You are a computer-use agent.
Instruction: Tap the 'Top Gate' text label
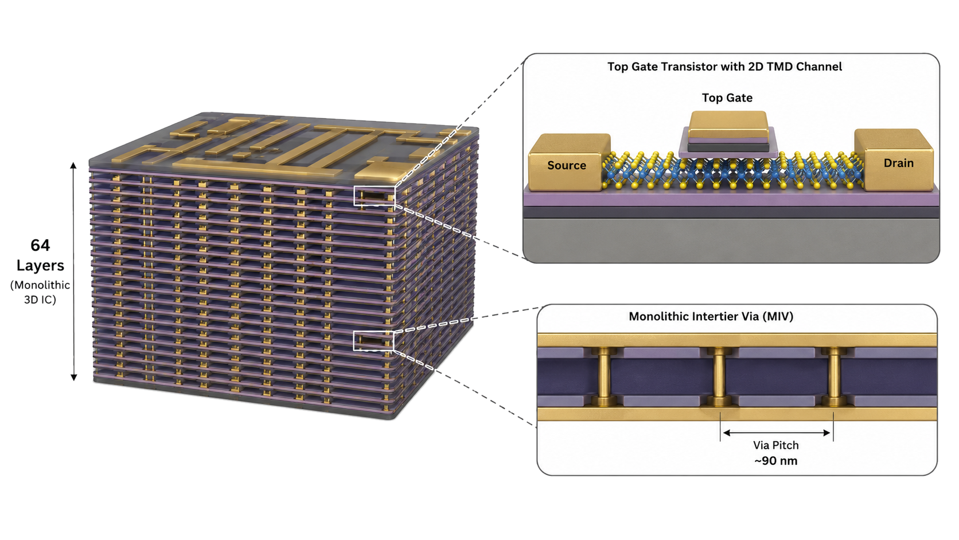pos(727,98)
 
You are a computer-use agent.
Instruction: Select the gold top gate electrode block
pos(727,125)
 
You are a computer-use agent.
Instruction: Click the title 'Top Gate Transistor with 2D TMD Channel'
pos(724,67)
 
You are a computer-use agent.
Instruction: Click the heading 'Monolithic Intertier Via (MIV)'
pos(711,316)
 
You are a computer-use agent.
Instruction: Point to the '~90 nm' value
pos(776,461)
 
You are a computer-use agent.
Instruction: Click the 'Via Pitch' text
pos(776,445)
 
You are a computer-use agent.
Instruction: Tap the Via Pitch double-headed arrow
pos(777,433)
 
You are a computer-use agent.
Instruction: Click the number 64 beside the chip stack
pos(40,246)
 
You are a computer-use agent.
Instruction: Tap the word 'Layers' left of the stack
pos(40,266)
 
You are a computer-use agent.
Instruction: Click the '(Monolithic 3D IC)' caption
pos(40,293)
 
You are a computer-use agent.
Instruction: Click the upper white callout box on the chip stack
pos(374,187)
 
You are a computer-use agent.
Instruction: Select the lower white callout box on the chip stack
pos(373,332)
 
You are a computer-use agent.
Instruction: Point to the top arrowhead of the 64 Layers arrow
pos(73,165)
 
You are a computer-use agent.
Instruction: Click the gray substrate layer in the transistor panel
pos(731,240)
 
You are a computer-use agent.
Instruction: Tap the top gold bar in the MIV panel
pos(737,340)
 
